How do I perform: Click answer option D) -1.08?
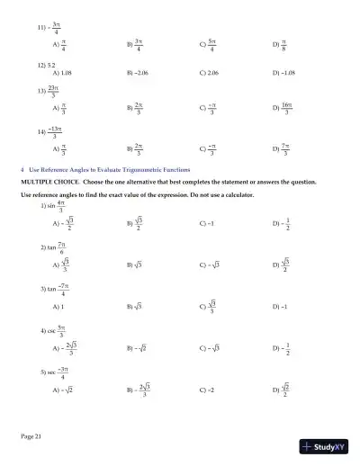[283, 74]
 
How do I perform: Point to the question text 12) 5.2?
[47, 66]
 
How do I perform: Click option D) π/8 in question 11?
[280, 42]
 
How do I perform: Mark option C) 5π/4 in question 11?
[208, 42]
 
